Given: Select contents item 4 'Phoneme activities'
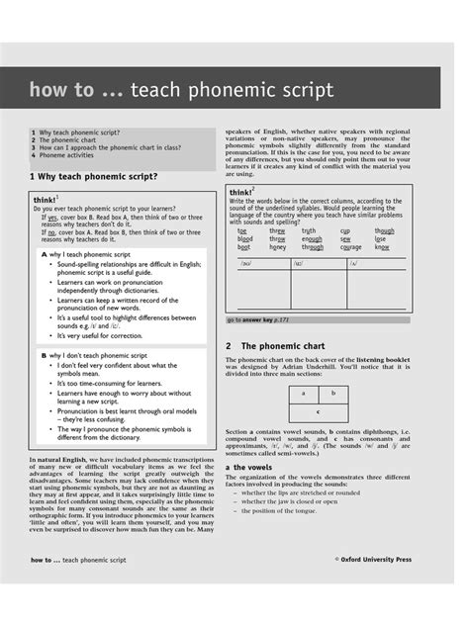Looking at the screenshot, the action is coord(66,154).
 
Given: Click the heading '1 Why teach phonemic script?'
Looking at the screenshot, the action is coord(94,176).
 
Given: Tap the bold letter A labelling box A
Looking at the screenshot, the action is coord(44,254).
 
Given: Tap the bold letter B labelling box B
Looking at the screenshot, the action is coord(44,354).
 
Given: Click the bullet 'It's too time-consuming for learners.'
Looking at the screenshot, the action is coord(109,383).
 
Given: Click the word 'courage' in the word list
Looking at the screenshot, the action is coord(351,247).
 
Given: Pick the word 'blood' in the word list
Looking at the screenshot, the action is coord(245,239).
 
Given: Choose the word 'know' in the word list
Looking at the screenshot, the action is coord(382,247).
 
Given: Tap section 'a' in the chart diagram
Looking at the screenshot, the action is coord(303,393).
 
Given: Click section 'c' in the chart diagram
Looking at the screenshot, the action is coord(318,410).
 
